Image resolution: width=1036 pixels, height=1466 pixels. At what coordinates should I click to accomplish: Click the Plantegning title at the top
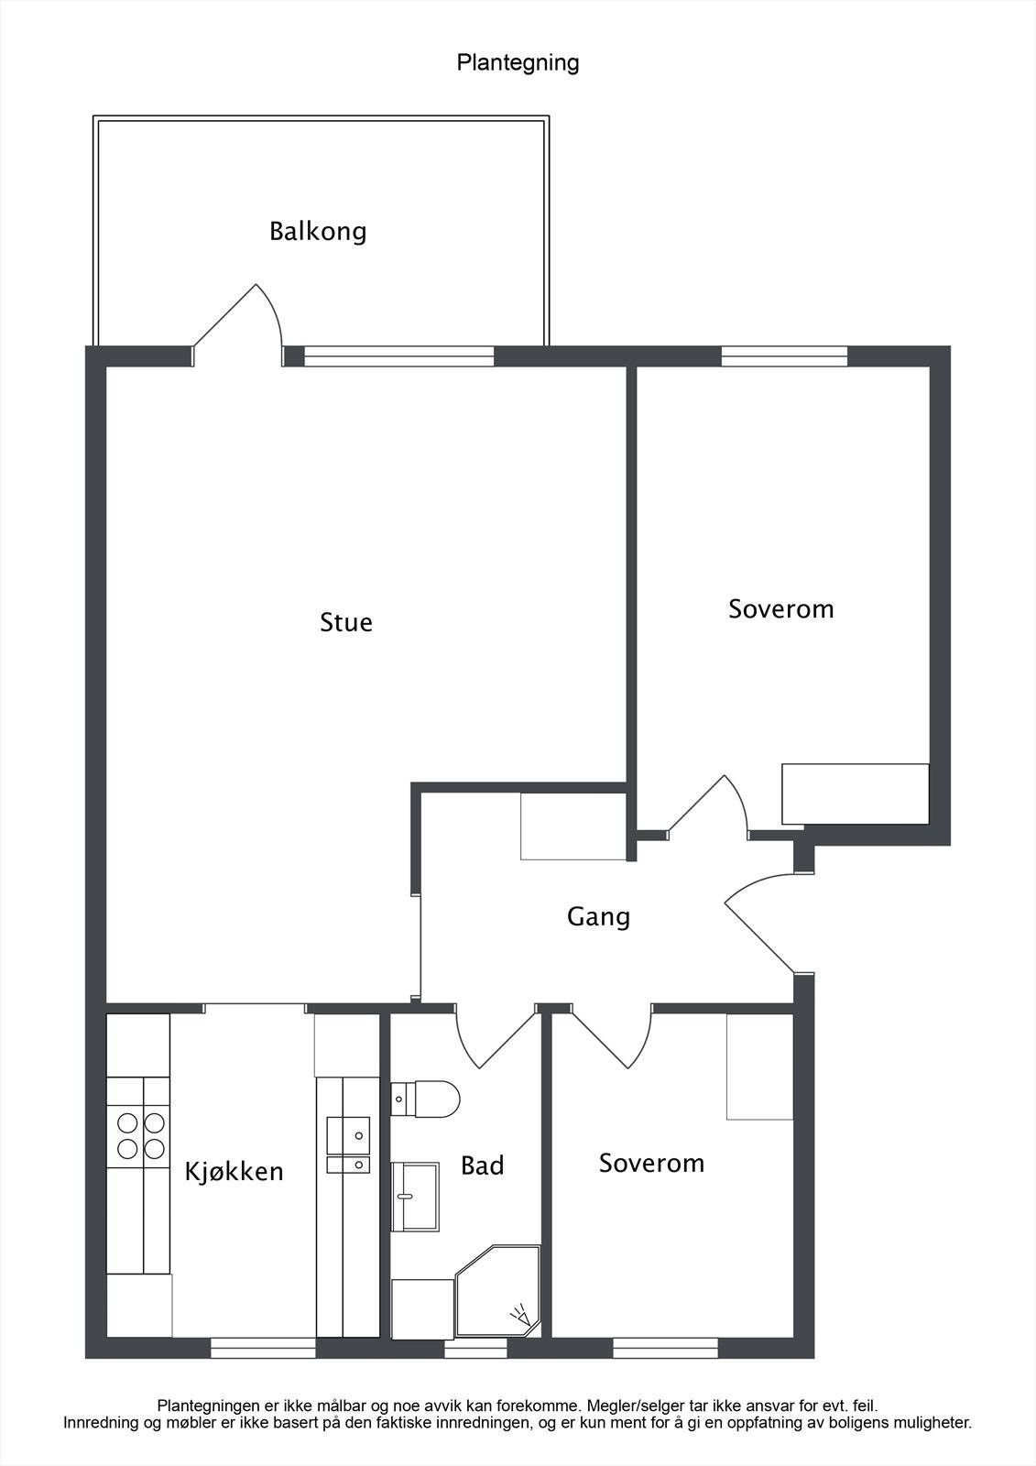pos(518,62)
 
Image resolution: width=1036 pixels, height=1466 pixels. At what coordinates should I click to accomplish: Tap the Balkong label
pos(318,231)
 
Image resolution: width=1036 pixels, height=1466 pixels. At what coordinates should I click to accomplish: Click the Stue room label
pos(346,622)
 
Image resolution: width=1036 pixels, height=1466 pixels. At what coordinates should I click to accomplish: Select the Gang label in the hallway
pos(598,916)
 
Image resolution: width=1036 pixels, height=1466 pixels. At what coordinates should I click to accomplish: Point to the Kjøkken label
pos(234,1171)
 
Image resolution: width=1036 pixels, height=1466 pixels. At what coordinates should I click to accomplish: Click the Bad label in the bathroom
pos(482,1165)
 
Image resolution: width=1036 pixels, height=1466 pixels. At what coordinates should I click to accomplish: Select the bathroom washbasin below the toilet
pos(415,1196)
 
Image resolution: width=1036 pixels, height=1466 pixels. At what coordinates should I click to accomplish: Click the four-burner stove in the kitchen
pos(139,1135)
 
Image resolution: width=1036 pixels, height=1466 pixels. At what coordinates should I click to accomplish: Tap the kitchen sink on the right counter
pos(348,1145)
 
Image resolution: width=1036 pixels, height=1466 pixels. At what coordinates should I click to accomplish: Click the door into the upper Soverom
pos(710,806)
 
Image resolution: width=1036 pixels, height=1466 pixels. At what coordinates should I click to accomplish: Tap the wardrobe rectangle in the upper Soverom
pos(855,793)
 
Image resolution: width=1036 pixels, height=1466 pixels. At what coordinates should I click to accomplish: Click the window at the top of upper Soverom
pos(784,356)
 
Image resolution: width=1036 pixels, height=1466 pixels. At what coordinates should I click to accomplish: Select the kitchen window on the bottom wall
pos(263,1348)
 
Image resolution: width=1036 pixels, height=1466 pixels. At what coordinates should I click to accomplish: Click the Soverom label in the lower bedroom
pos(651,1163)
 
